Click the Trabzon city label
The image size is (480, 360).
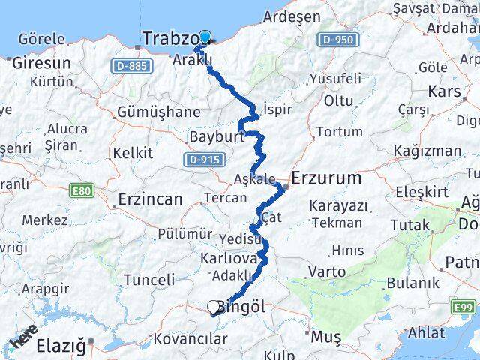pyautogui.click(x=170, y=38)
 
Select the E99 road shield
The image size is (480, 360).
pyautogui.click(x=463, y=307)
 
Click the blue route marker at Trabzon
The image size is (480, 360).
pyautogui.click(x=204, y=36)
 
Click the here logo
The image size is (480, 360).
pyautogui.click(x=23, y=340)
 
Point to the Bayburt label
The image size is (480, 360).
pyautogui.click(x=217, y=138)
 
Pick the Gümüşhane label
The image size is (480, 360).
pyautogui.click(x=158, y=112)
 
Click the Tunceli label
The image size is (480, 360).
pyautogui.click(x=148, y=280)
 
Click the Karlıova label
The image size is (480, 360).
pyautogui.click(x=229, y=258)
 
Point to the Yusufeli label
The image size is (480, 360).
pyautogui.click(x=334, y=79)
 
